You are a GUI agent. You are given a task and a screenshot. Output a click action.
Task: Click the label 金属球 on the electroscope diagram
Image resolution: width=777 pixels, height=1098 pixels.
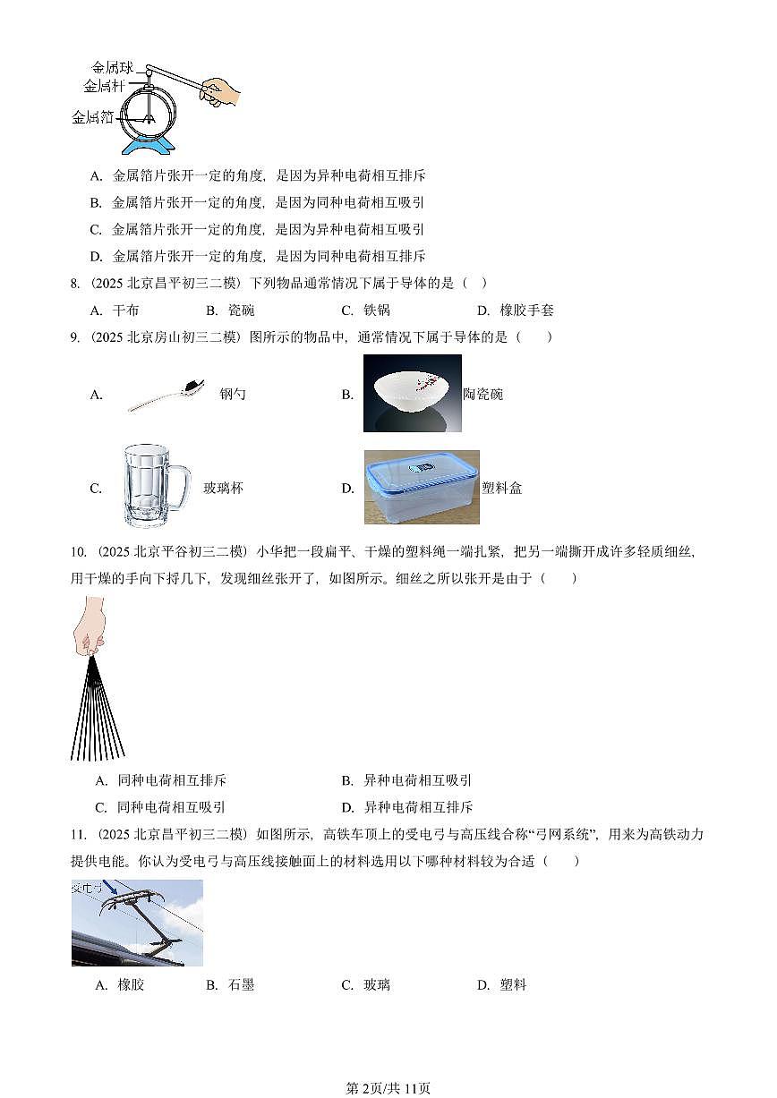coord(112,67)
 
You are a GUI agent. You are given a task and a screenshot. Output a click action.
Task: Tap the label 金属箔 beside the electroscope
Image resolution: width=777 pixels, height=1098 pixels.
coord(91,117)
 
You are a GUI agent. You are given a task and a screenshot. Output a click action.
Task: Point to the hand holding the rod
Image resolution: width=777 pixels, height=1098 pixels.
coord(221,90)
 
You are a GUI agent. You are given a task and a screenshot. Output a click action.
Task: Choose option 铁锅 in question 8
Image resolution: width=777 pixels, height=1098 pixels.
coord(376,311)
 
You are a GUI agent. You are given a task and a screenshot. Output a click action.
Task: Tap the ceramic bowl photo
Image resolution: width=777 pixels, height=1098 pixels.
coord(412,393)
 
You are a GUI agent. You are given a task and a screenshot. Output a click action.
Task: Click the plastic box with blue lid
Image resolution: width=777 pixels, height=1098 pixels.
coord(421,487)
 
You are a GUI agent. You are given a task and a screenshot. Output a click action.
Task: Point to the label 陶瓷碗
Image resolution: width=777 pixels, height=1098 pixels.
coord(483,394)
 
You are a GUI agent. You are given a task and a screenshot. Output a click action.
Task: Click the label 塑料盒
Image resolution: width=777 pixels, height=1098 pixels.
coord(501,488)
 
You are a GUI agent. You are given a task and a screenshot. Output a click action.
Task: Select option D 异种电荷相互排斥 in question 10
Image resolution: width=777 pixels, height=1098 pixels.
coord(417,806)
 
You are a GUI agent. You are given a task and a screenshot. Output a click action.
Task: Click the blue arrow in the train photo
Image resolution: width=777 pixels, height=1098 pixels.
coord(109,888)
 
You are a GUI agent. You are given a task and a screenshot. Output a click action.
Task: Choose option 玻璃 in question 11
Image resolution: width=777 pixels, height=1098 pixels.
coord(376,985)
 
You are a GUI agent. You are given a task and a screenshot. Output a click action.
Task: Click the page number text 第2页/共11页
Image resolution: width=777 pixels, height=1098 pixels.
coord(388,1088)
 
